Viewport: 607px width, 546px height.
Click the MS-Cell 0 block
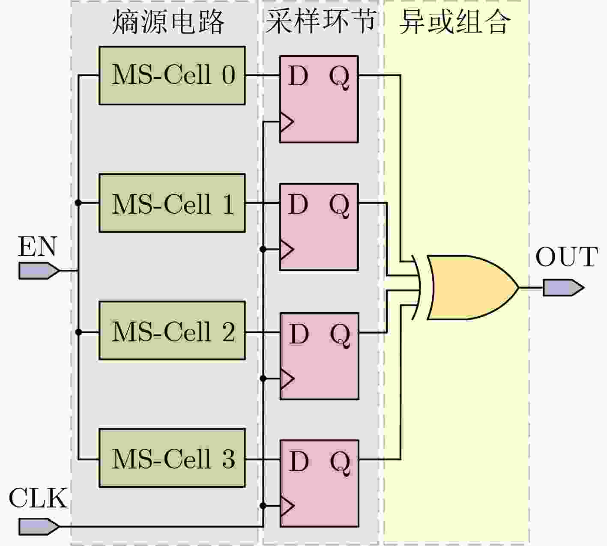172,76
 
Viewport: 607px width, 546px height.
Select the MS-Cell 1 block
172,203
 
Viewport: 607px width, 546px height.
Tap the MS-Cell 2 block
172,331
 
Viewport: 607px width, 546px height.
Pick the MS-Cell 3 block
172,458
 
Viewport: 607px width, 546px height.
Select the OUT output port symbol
563,288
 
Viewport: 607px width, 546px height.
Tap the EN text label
38,247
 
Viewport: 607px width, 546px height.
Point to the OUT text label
567,257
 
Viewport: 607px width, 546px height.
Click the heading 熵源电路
168,22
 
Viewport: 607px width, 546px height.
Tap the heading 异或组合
455,22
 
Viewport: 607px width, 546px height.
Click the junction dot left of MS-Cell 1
78,203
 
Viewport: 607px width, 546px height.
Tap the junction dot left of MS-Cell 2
78,332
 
